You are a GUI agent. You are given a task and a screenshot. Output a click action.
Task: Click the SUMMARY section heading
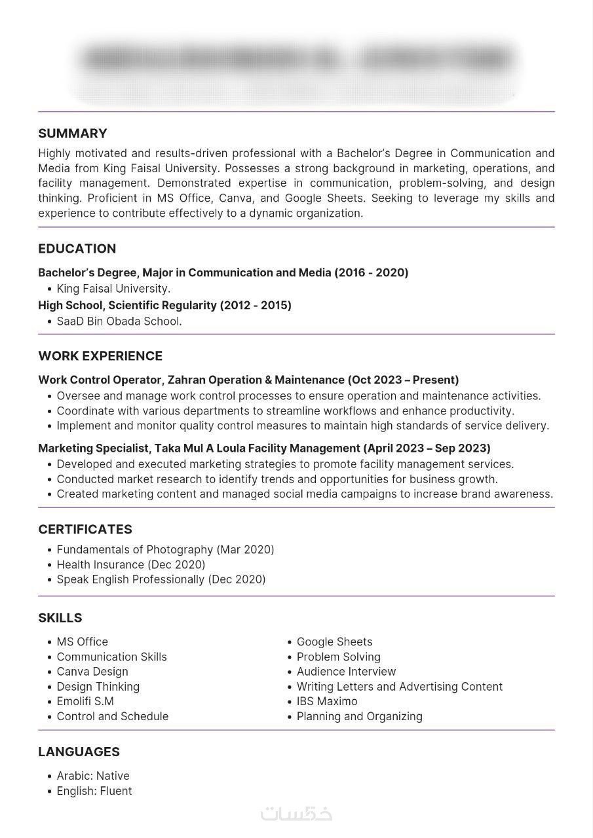(73, 134)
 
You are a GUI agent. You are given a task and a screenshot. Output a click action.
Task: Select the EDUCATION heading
(77, 249)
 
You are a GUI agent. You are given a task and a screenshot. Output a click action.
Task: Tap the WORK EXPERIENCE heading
(100, 356)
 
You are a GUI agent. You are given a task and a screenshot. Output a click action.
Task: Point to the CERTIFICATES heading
(85, 530)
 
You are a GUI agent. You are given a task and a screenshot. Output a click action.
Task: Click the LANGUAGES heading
(79, 752)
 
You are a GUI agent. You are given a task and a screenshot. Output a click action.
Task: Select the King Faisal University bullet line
(113, 289)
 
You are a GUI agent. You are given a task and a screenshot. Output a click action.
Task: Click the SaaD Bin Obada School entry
(119, 321)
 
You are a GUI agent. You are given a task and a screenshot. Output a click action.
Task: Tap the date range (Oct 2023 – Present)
(403, 380)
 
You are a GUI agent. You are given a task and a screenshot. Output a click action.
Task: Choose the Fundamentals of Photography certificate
(165, 550)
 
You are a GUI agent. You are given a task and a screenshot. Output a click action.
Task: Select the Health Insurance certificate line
(131, 565)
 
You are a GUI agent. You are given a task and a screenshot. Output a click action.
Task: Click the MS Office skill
(83, 642)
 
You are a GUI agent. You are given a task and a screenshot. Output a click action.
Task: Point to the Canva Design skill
(92, 672)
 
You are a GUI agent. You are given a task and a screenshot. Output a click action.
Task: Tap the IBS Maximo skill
(327, 702)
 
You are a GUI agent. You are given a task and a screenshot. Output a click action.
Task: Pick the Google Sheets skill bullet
(334, 642)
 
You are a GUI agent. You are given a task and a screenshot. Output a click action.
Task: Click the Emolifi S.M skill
(85, 702)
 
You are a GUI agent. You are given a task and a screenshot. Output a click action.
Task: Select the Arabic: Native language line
(93, 776)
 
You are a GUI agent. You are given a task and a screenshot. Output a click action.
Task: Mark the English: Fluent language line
(94, 792)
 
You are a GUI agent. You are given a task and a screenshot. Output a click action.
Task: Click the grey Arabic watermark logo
(296, 814)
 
